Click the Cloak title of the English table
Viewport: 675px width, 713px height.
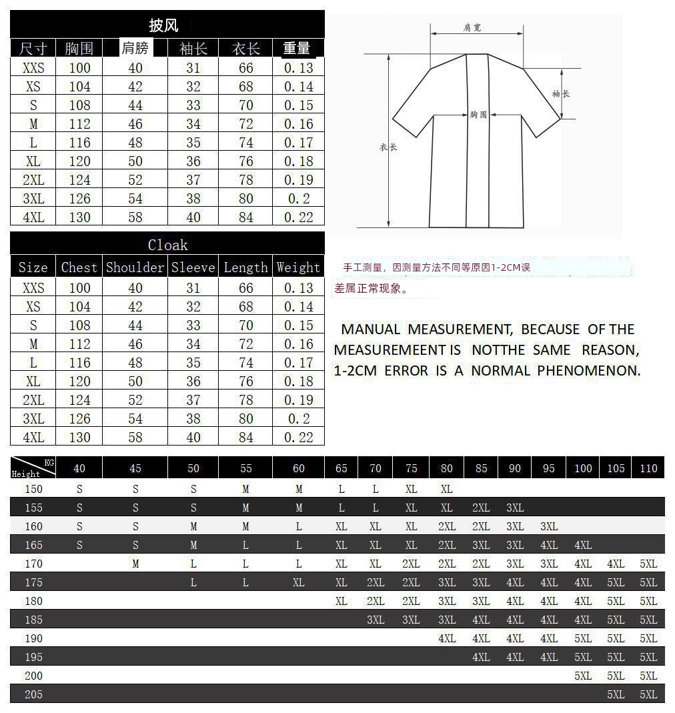pos(167,245)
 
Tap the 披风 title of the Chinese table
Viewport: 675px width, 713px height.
pos(163,26)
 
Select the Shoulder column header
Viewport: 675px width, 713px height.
pos(135,267)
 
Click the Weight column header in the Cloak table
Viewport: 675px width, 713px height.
pos(298,267)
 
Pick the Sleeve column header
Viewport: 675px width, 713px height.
pos(193,267)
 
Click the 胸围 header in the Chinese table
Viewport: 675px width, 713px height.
pos(79,49)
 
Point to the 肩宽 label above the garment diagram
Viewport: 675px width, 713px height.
pos(472,27)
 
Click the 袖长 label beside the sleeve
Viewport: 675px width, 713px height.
pos(560,94)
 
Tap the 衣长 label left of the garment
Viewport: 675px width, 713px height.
pos(388,147)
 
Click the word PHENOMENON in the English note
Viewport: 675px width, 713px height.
pos(589,371)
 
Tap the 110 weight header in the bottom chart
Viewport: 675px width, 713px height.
pos(648,468)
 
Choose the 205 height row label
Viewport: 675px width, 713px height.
pos(33,694)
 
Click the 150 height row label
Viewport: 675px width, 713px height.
pos(33,489)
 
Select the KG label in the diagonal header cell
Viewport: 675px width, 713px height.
pos(49,462)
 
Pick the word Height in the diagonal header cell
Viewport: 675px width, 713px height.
pos(25,474)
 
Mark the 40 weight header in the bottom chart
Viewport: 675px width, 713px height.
pos(79,468)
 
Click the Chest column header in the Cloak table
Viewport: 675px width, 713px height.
pos(79,267)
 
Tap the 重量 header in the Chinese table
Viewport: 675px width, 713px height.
pos(297,48)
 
